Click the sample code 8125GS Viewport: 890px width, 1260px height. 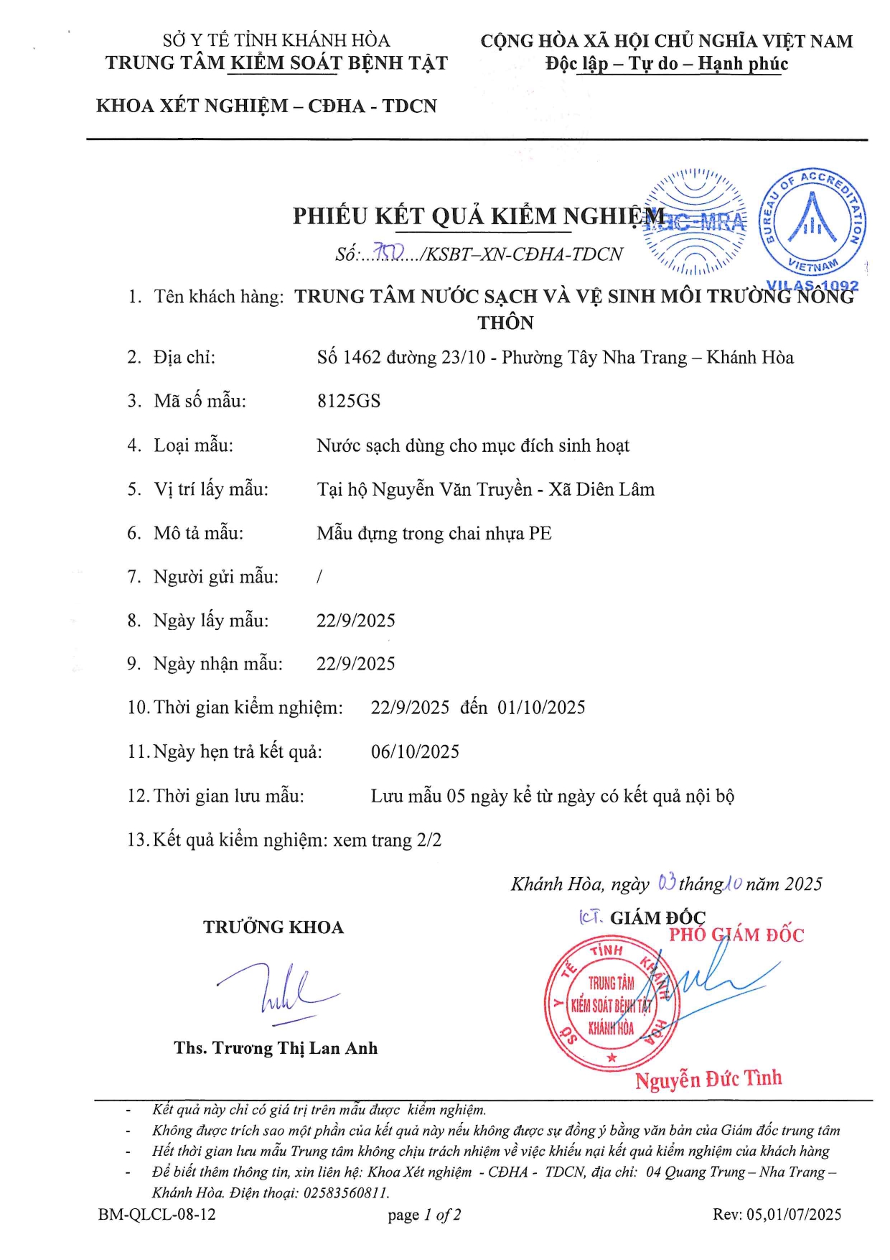(349, 401)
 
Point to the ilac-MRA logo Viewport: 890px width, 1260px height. (695, 221)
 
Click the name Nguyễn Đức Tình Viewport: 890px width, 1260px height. (708, 1079)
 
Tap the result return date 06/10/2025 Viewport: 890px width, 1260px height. (415, 752)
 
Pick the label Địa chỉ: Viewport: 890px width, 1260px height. (184, 357)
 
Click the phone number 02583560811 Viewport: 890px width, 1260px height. (346, 1192)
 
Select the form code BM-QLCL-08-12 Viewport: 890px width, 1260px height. (156, 1215)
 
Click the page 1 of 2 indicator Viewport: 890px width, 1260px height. (424, 1215)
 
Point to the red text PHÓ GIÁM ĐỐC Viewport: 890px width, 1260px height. (736, 935)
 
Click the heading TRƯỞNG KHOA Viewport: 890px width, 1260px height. (273, 927)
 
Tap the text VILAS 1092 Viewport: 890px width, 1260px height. (812, 286)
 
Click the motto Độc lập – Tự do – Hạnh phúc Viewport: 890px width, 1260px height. (667, 64)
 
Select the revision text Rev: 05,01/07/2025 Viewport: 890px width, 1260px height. (777, 1215)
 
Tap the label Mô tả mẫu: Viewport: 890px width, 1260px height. (199, 533)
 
